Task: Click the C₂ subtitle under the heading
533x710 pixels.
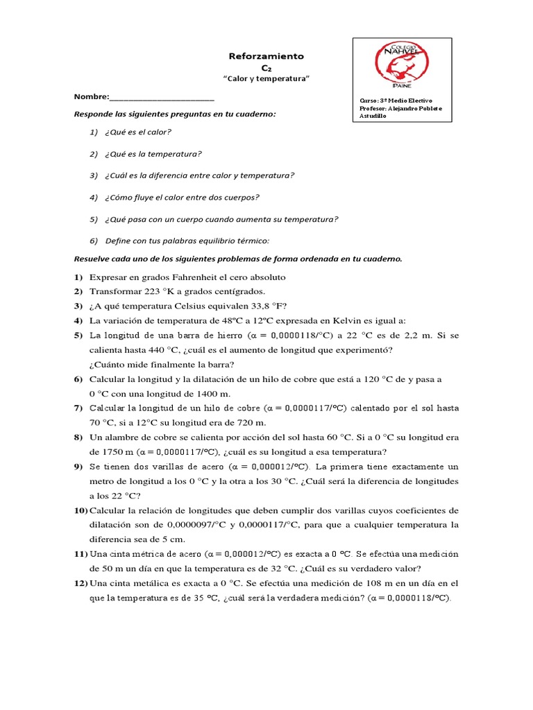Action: [266, 68]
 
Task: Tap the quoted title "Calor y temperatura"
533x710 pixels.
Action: [266, 80]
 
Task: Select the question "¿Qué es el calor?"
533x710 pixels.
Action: [138, 132]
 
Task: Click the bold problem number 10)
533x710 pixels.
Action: [80, 510]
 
